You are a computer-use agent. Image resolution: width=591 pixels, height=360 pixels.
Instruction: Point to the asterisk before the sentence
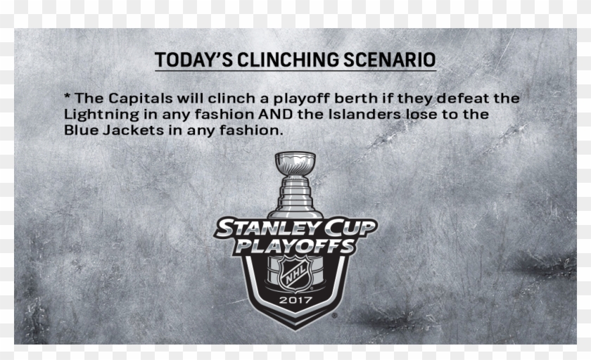68,96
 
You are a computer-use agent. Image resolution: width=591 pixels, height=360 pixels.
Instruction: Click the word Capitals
141,98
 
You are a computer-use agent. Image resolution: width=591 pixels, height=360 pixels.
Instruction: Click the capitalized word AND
275,114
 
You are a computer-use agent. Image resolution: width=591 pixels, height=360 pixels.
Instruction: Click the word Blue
81,130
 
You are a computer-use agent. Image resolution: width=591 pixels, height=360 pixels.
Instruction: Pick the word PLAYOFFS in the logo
295,246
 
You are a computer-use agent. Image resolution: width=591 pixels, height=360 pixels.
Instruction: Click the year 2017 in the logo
296,300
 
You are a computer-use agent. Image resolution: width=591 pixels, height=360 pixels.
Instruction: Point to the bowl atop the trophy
295,162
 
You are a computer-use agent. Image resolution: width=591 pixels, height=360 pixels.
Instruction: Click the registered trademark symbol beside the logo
335,316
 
